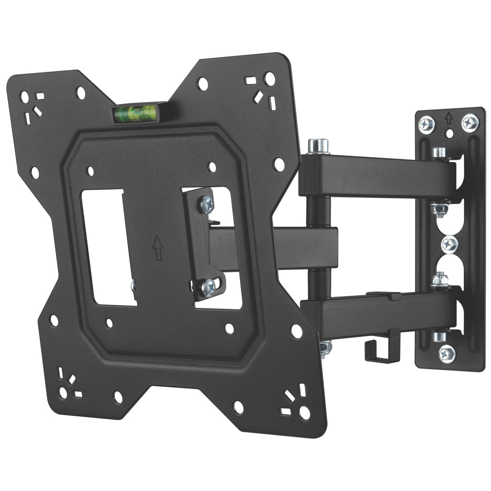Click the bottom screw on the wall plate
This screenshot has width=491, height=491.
445,352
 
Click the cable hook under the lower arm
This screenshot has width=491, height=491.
376,349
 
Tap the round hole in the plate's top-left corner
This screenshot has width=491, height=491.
25,98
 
